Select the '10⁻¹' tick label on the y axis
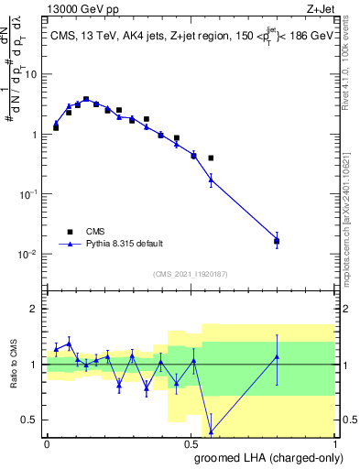[29, 194]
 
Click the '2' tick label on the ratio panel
[35, 309]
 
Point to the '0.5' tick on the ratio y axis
[30, 420]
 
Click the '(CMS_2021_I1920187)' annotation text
[190, 274]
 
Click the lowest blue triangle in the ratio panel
[212, 431]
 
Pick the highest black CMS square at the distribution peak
[86, 99]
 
